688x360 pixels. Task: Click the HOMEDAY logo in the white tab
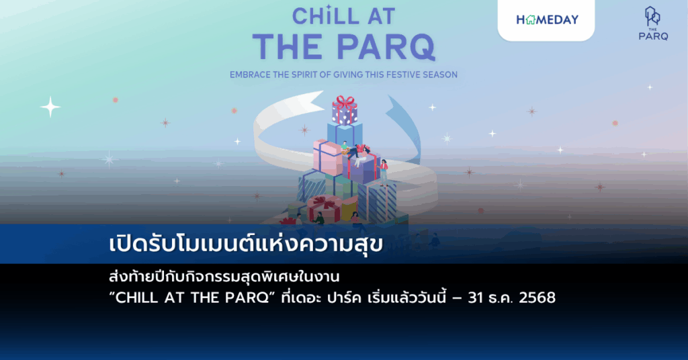(547, 19)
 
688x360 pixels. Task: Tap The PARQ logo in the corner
(652, 23)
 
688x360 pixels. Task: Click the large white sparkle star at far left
(50, 107)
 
